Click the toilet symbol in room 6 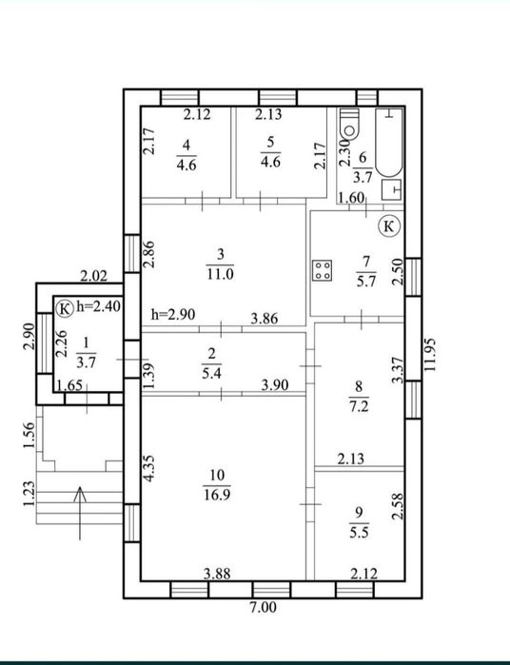pyautogui.click(x=349, y=124)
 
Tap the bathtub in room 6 pyautogui.click(x=389, y=142)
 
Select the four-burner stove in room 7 pyautogui.click(x=323, y=270)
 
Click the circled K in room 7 pyautogui.click(x=389, y=226)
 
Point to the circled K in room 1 pyautogui.click(x=65, y=308)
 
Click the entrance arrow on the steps pyautogui.click(x=80, y=513)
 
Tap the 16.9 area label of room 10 pyautogui.click(x=217, y=495)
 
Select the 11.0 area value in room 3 pyautogui.click(x=220, y=274)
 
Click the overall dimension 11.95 pyautogui.click(x=430, y=355)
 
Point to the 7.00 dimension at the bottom pyautogui.click(x=263, y=607)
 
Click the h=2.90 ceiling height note pyautogui.click(x=173, y=314)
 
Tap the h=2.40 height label pyautogui.click(x=98, y=306)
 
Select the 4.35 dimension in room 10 pyautogui.click(x=148, y=468)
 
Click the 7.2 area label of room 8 pyautogui.click(x=359, y=406)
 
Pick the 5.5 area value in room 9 pyautogui.click(x=359, y=532)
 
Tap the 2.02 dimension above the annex pyautogui.click(x=94, y=277)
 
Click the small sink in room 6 pyautogui.click(x=391, y=189)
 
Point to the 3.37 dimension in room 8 pyautogui.click(x=398, y=370)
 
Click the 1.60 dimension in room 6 pyautogui.click(x=351, y=198)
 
